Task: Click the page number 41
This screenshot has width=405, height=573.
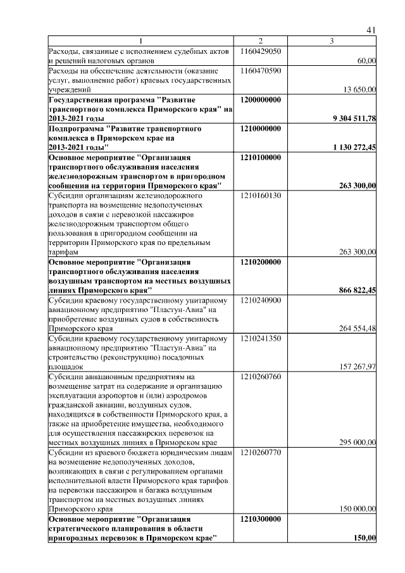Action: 371,30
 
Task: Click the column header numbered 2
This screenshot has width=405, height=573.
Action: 260,41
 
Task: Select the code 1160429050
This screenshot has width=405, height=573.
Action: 261,50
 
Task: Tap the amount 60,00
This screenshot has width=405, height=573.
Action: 366,61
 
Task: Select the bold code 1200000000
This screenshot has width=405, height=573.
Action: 261,100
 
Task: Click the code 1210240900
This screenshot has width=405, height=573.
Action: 261,300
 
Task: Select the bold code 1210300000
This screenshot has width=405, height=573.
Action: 261,519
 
